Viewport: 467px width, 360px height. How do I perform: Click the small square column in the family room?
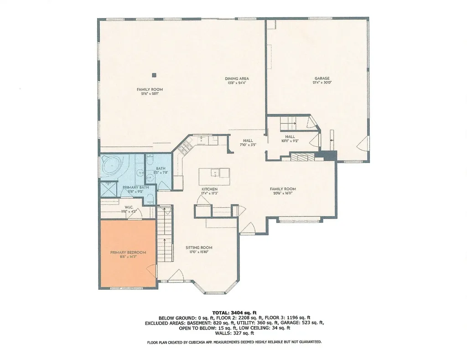[155, 75]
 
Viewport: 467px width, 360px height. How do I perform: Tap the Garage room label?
[321, 78]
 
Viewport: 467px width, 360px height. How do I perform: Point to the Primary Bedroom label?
[128, 252]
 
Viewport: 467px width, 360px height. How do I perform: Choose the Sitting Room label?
[199, 247]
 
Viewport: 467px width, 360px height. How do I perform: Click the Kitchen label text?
[209, 189]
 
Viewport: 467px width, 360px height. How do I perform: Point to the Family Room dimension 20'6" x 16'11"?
[283, 193]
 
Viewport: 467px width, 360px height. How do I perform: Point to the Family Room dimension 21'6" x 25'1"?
[150, 94]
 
